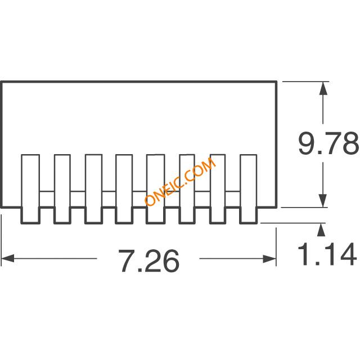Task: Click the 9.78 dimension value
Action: (328, 143)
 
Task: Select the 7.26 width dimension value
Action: (148, 261)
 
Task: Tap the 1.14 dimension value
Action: (327, 254)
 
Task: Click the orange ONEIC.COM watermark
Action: (180, 182)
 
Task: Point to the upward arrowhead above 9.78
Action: (323, 88)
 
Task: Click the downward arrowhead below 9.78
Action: (323, 200)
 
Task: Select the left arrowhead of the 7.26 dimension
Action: (7, 258)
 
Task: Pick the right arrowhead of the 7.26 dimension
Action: (269, 259)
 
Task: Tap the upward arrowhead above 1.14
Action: (321, 229)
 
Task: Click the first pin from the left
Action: (30, 189)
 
